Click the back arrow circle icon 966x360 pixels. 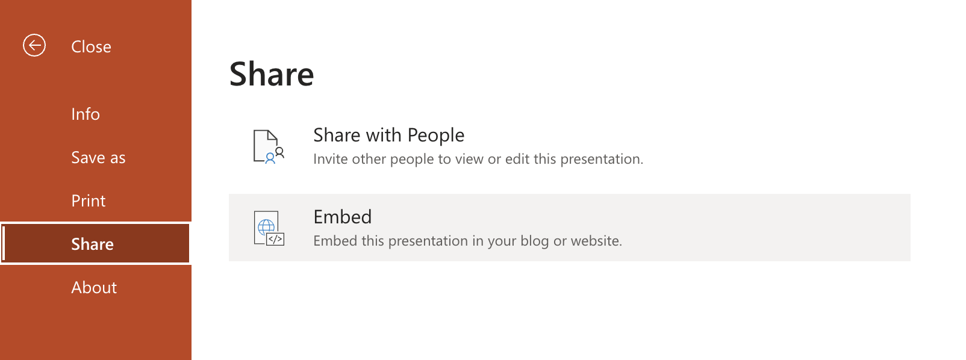tap(34, 45)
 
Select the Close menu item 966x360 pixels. tap(91, 47)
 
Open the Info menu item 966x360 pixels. tap(86, 114)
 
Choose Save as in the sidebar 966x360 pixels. tap(98, 158)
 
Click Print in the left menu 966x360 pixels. tap(89, 201)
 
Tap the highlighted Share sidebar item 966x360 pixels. tap(93, 244)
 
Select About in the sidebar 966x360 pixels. tap(94, 288)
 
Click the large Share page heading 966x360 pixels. tap(272, 74)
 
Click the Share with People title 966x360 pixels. tap(388, 135)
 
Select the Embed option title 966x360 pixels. tap(343, 217)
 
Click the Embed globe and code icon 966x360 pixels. tap(268, 228)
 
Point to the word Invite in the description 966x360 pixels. tap(330, 160)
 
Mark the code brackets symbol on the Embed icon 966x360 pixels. tap(275, 239)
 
